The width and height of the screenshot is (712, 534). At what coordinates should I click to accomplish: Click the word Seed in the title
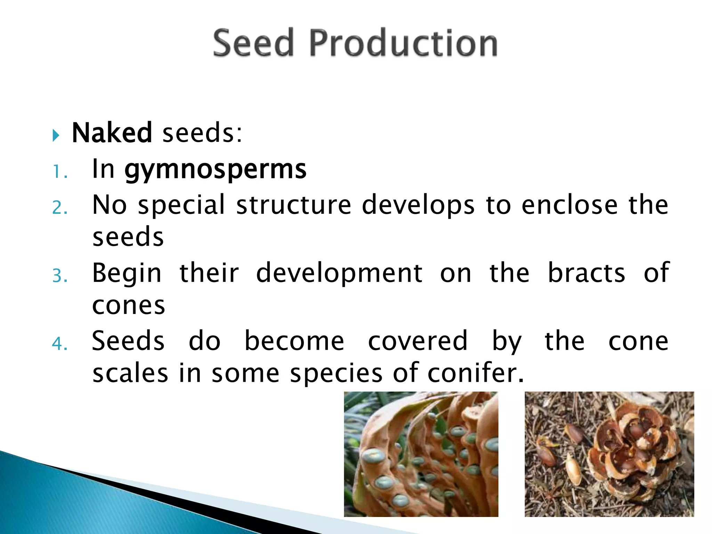pyautogui.click(x=253, y=43)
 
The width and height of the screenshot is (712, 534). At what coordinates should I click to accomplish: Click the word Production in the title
pyautogui.click(x=403, y=43)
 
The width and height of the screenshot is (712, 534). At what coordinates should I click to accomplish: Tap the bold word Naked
pyautogui.click(x=112, y=133)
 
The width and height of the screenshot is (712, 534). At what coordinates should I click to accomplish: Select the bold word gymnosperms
pyautogui.click(x=216, y=170)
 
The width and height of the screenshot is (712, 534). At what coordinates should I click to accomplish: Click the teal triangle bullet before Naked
pyautogui.click(x=56, y=135)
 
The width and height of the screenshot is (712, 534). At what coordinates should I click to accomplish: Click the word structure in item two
pyautogui.click(x=294, y=205)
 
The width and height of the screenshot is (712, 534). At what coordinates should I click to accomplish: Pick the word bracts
pyautogui.click(x=586, y=273)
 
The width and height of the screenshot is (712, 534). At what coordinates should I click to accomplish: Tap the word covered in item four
pyautogui.click(x=418, y=341)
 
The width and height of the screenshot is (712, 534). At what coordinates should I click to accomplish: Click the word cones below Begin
pyautogui.click(x=129, y=306)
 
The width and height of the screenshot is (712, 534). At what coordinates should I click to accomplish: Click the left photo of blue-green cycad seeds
pyautogui.click(x=421, y=454)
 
